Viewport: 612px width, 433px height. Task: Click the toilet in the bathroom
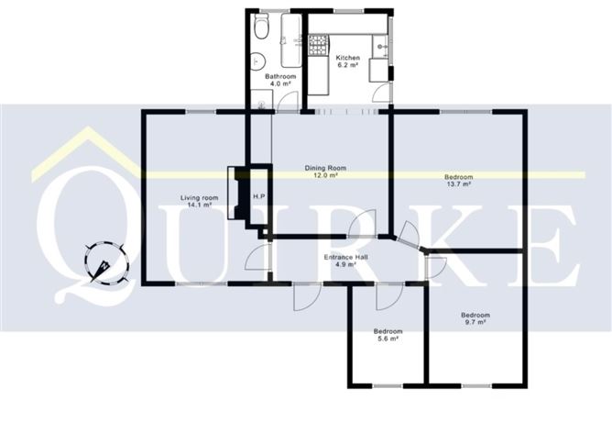point(260,29)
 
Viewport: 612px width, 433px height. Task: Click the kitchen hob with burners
point(320,43)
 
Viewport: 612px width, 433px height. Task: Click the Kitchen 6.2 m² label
point(347,61)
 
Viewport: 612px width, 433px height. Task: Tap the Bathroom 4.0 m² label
point(279,81)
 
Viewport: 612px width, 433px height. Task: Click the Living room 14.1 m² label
point(199,202)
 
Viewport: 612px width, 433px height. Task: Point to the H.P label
point(259,198)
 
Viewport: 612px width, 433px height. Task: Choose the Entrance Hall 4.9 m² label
point(345,261)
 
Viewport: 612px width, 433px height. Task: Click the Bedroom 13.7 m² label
point(458,180)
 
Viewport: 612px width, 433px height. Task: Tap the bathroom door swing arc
point(289,101)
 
